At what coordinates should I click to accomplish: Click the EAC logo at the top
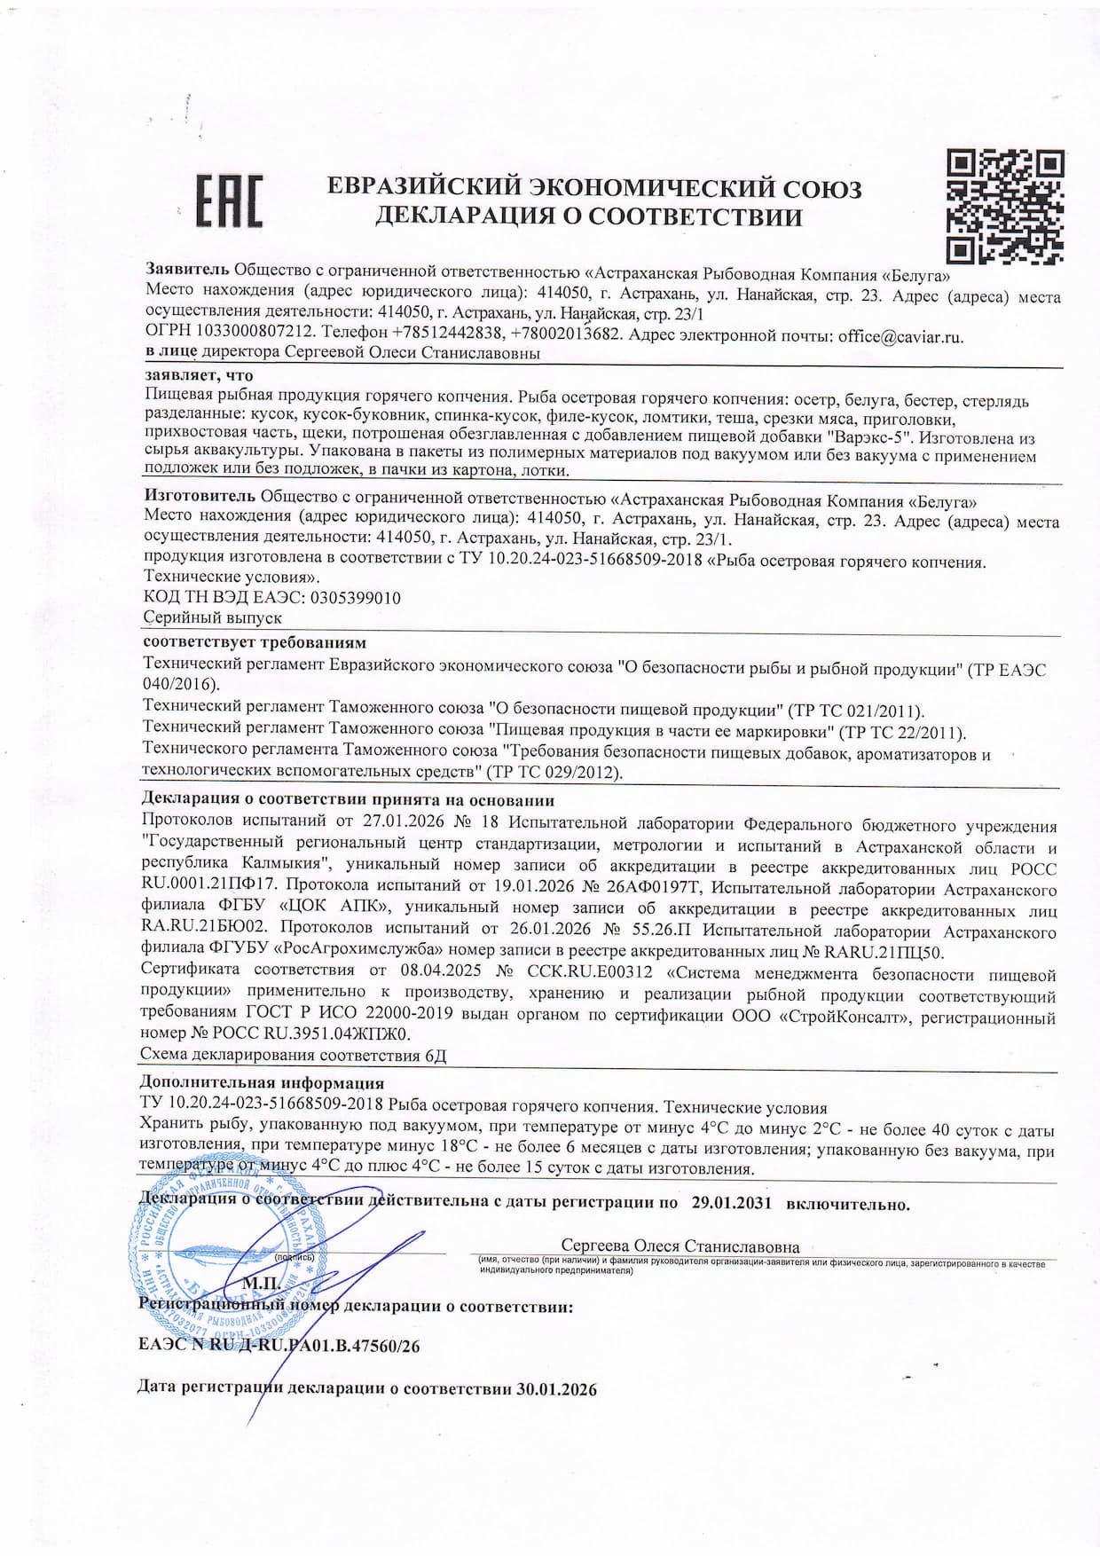pyautogui.click(x=229, y=200)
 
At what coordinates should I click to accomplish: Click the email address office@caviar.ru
pyautogui.click(x=900, y=337)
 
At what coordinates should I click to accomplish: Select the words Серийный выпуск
pyautogui.click(x=213, y=617)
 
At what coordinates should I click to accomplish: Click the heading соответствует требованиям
pyautogui.click(x=255, y=642)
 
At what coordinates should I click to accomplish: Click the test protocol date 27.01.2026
pyautogui.click(x=394, y=826)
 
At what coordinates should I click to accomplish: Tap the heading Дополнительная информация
pyautogui.click(x=263, y=1083)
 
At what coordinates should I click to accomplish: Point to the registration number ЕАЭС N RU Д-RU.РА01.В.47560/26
pyautogui.click(x=279, y=1346)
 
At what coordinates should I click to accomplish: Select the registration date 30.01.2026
pyautogui.click(x=556, y=1389)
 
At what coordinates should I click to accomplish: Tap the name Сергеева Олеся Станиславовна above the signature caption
pyautogui.click(x=680, y=1246)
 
